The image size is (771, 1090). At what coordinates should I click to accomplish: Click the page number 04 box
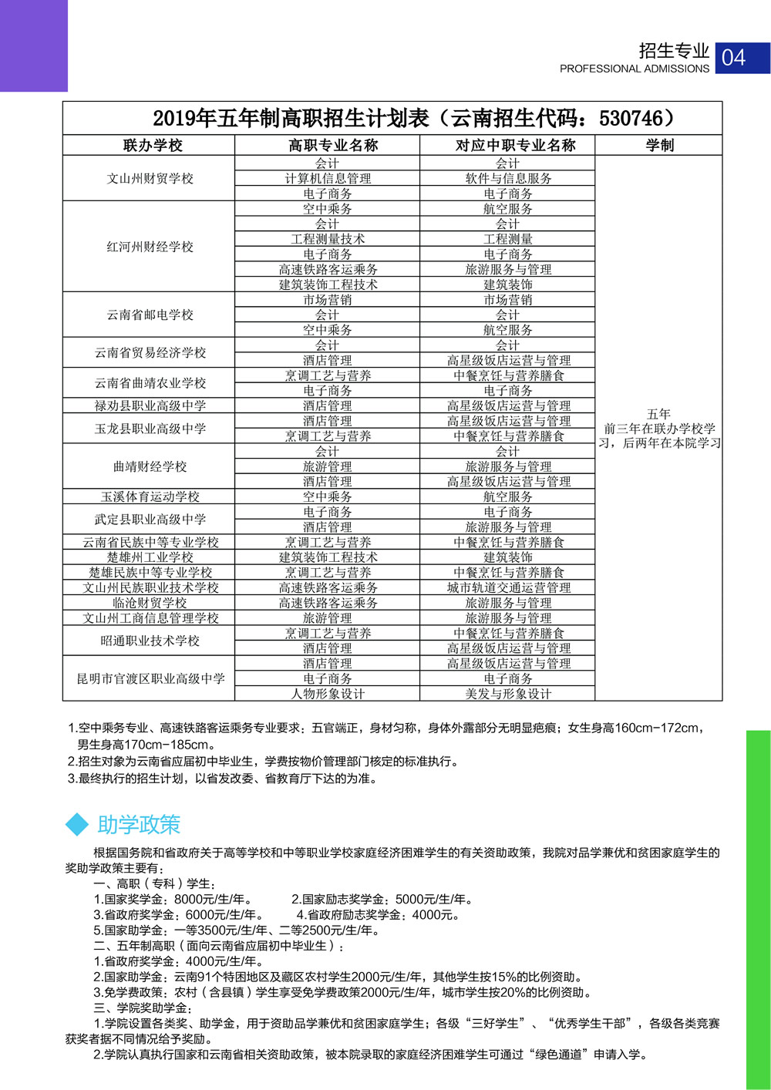coord(742,58)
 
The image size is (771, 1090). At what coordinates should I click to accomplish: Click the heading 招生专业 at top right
coord(673,51)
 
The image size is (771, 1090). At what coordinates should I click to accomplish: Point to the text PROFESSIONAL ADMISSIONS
coord(634,69)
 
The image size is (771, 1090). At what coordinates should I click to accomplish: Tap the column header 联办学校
coord(152,145)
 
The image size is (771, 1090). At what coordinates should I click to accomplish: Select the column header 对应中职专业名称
coord(507,145)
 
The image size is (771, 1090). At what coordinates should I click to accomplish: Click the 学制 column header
coord(659,145)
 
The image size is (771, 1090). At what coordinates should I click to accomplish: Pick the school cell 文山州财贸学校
coord(150,178)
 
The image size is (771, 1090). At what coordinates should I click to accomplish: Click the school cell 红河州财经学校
coord(150,247)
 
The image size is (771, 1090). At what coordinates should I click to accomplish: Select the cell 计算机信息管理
coord(328,178)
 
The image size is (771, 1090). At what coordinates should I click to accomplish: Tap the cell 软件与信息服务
coord(507,178)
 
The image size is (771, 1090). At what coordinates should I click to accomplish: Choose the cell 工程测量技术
coord(328,239)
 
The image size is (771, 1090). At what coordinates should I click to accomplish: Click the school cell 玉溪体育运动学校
coord(150,496)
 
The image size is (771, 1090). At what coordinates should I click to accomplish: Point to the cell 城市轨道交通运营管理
coord(508,587)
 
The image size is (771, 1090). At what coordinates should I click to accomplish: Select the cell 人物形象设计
coord(328,694)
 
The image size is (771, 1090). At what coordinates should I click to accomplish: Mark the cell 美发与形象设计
coord(508,694)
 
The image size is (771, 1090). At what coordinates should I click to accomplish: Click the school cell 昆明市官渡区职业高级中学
coord(150,678)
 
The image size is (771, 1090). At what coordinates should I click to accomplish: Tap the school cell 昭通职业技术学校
coord(150,641)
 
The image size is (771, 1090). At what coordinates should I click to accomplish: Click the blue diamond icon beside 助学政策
coord(78,824)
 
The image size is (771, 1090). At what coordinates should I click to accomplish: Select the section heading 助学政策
coord(139,825)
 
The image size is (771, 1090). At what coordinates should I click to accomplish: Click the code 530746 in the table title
coord(630,118)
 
